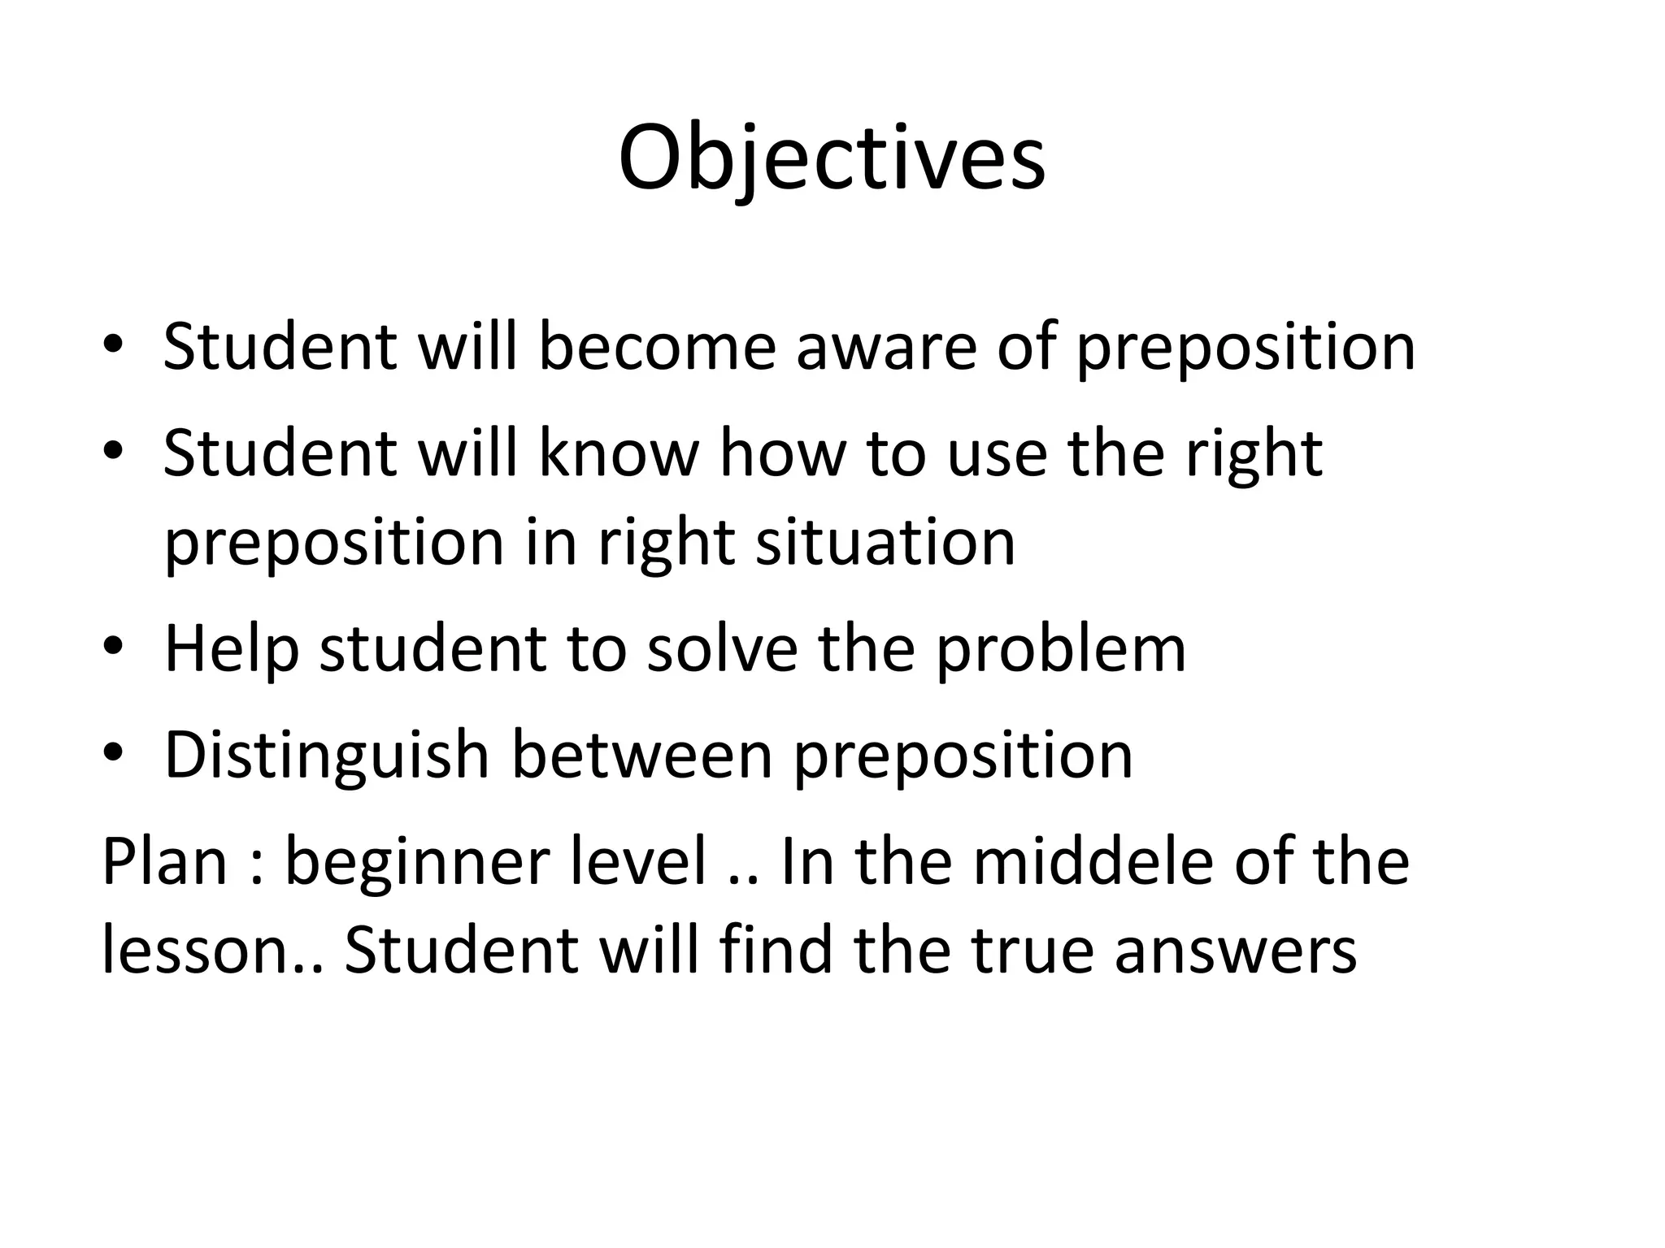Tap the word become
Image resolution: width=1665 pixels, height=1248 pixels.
(x=656, y=347)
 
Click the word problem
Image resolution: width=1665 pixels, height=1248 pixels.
(x=1060, y=649)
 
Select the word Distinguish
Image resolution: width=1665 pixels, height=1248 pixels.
(x=327, y=756)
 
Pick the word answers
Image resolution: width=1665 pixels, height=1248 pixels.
(x=1235, y=952)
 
